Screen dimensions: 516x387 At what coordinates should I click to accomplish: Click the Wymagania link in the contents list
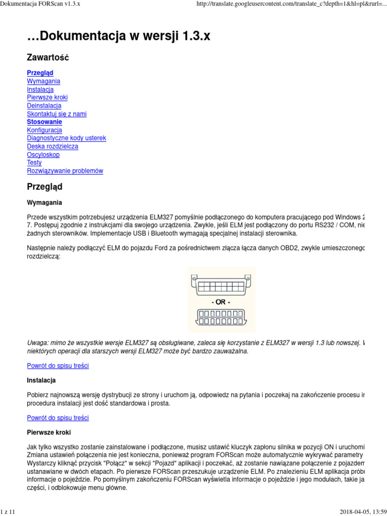[x=43, y=81]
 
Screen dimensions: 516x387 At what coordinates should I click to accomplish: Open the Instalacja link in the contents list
[x=40, y=89]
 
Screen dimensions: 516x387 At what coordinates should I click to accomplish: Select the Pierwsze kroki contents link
[x=47, y=97]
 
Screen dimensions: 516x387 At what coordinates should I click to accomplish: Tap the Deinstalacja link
[x=44, y=106]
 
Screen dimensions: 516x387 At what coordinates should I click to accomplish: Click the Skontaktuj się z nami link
[x=56, y=114]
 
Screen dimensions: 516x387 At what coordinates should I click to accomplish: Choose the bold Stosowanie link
[x=44, y=122]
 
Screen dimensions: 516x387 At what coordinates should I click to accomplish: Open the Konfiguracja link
[x=44, y=130]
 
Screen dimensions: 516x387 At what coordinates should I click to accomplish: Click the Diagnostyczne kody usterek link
[x=67, y=138]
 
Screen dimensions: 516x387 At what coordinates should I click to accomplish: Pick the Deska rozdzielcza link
[x=52, y=146]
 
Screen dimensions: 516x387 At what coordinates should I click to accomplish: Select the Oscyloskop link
[x=43, y=155]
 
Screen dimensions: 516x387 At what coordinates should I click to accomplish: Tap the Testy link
[x=34, y=163]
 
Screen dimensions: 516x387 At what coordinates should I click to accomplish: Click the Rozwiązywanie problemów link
[x=65, y=171]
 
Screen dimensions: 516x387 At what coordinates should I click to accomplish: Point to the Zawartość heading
[x=48, y=57]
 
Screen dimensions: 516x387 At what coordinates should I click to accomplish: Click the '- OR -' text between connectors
[x=220, y=302]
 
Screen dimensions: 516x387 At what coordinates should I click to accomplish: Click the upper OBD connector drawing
[x=221, y=285]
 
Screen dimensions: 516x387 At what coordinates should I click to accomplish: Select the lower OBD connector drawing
[x=221, y=317]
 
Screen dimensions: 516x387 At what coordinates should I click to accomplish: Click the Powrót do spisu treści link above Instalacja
[x=58, y=366]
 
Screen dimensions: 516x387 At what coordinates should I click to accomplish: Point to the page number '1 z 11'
[x=9, y=511]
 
